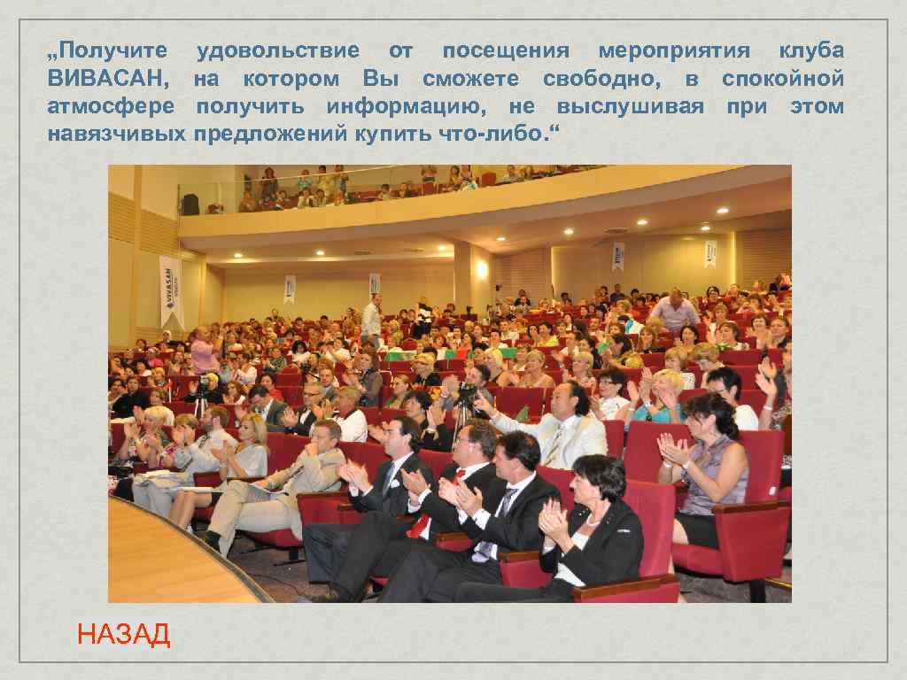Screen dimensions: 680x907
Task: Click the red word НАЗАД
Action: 123,635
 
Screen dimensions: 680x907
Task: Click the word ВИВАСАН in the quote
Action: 106,79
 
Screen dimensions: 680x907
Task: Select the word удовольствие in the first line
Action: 277,50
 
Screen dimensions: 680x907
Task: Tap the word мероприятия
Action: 674,50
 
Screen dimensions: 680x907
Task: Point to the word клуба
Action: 810,50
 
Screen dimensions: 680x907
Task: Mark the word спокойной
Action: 782,79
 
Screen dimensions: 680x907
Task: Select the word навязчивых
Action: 116,135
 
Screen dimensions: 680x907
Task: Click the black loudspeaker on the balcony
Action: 190,205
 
